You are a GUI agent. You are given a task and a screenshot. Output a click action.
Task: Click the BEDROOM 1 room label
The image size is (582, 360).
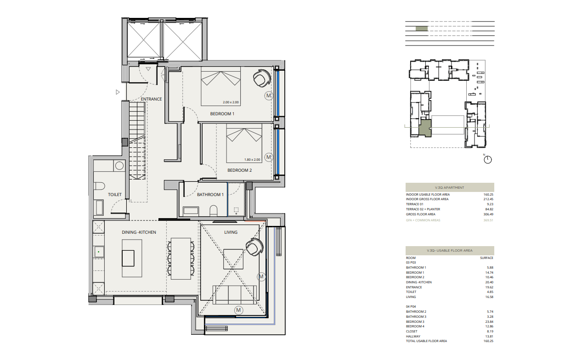click(222, 114)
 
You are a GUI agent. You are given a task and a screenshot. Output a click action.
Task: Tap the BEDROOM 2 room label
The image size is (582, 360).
click(240, 170)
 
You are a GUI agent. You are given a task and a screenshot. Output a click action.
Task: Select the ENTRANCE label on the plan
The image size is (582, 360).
click(151, 99)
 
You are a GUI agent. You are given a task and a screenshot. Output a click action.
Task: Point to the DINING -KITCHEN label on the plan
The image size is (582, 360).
click(139, 232)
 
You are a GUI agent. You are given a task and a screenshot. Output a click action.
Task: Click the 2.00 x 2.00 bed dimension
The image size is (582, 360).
click(231, 102)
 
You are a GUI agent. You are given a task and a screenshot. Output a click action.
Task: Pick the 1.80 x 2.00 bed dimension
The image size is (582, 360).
click(252, 160)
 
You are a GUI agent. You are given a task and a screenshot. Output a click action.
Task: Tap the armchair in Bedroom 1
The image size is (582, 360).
click(262, 78)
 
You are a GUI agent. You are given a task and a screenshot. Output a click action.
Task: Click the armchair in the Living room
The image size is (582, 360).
click(254, 247)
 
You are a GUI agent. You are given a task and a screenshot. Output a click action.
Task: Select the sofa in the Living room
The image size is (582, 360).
click(235, 295)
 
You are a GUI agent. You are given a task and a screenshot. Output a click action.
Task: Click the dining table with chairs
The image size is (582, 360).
click(181, 259)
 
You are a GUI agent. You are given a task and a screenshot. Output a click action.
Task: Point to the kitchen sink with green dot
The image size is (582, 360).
click(99, 252)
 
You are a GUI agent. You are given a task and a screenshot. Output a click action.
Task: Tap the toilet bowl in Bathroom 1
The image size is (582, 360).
click(213, 211)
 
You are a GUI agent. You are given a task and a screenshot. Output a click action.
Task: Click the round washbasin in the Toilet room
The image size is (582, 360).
click(119, 166)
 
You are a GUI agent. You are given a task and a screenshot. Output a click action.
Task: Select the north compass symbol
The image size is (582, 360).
click(488, 159)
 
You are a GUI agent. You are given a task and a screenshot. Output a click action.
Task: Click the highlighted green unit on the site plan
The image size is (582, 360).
click(425, 128)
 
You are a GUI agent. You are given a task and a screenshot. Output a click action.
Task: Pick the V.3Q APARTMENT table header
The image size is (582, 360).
click(450, 187)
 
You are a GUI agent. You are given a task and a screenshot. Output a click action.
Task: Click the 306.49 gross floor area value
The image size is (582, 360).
click(488, 214)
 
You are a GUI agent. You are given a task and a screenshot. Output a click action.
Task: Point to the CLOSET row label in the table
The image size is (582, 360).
click(412, 332)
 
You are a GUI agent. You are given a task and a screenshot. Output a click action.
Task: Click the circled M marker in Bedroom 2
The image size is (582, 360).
click(269, 157)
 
